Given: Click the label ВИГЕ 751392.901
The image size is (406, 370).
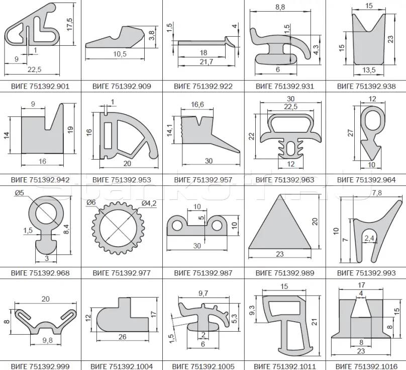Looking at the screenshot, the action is (40, 86).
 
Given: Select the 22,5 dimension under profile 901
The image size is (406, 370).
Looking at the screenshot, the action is (35, 69).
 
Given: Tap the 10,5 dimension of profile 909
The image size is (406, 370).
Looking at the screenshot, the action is (120, 54).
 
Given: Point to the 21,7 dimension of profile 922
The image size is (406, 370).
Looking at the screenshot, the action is (206, 62).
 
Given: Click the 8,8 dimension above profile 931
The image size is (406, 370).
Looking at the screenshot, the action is (280, 7).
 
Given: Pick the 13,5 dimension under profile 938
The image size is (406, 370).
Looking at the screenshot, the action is (369, 70).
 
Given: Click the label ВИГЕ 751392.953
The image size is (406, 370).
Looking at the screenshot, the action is (122, 180).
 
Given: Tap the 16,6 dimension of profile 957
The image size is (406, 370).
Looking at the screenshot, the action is (197, 105).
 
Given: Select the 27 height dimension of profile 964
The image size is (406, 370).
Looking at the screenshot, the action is (350, 133).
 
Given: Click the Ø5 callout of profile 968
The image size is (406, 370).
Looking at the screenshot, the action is (20, 193).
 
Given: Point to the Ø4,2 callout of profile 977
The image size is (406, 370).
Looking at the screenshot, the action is (149, 203).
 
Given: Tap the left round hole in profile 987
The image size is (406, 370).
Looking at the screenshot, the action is (177, 225).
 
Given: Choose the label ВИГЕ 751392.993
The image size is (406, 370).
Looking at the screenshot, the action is (366, 273).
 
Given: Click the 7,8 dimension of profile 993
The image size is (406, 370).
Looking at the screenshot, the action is (377, 193).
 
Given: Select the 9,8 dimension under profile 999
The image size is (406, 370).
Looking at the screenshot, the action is (47, 340).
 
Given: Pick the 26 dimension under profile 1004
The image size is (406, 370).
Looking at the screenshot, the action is (122, 337).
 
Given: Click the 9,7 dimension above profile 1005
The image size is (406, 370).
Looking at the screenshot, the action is (204, 293).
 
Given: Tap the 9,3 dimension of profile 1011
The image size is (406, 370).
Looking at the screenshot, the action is (252, 310).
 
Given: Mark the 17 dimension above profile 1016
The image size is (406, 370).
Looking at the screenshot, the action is (361, 285).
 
